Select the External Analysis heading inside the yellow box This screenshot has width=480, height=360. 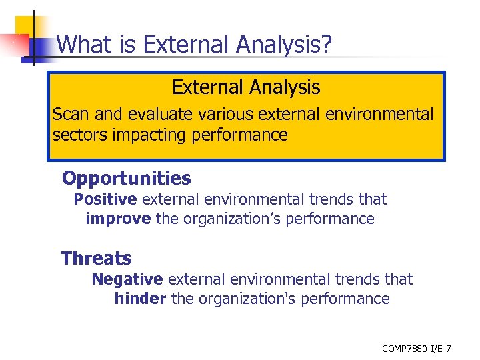pos(246,87)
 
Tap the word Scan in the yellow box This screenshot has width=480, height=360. pos(70,114)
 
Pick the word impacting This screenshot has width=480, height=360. pos(149,135)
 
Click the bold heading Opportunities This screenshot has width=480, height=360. pos(126,179)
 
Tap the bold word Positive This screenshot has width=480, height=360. pos(105,199)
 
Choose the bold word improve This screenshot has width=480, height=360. pos(118,219)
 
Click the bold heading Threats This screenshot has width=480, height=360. pos(96,258)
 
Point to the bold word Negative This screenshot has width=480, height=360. pos(127,279)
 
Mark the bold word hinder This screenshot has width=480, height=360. pos(140,299)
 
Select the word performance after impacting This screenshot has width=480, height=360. pos(239,135)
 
